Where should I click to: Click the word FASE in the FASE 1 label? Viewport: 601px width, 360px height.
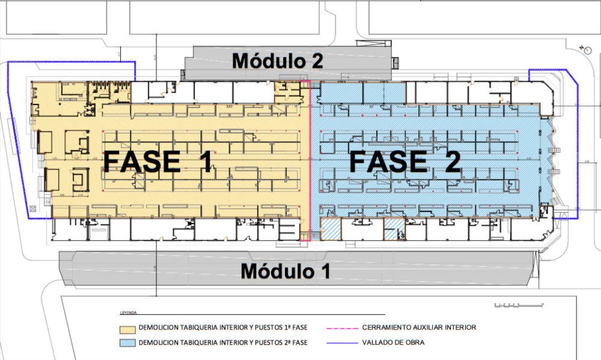(x=141, y=162)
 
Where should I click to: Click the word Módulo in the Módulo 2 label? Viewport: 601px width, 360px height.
(x=266, y=61)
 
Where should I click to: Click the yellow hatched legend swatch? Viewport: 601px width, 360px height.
(x=126, y=329)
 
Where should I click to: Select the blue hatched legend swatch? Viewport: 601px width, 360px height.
(x=126, y=343)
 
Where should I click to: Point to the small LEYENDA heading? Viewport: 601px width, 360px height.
(x=128, y=313)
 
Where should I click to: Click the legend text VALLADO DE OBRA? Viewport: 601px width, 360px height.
(x=394, y=343)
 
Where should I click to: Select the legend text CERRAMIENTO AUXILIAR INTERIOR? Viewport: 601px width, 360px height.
(x=419, y=328)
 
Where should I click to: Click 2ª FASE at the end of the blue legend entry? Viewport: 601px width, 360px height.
(x=294, y=343)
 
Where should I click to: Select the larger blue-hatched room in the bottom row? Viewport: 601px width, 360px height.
(x=331, y=230)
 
